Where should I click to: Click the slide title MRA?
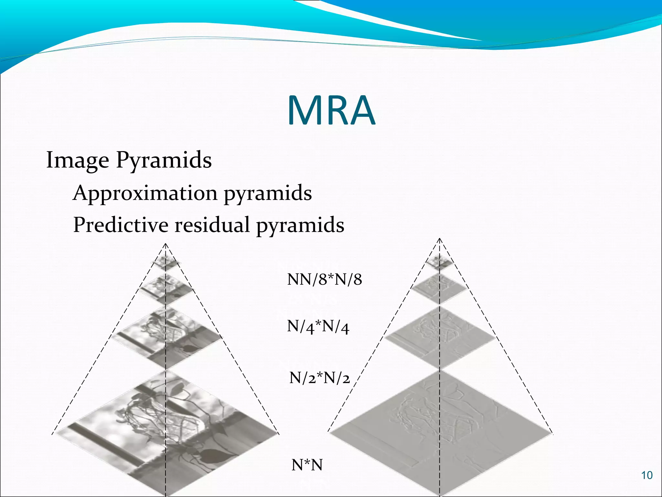pos(331,111)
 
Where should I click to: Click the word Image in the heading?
pos(78,160)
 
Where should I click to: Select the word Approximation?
pos(145,193)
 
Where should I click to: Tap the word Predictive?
pos(121,225)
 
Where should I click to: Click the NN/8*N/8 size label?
pos(324,279)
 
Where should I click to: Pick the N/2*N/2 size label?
pos(319,378)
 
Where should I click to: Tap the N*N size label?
pos(307,465)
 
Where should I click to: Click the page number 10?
pos(647,475)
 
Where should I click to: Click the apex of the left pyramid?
pos(165,243)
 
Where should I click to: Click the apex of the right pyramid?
pos(440,238)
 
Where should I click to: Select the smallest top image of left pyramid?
pos(166,262)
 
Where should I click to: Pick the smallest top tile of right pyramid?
pos(439,261)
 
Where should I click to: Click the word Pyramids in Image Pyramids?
pos(164,160)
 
